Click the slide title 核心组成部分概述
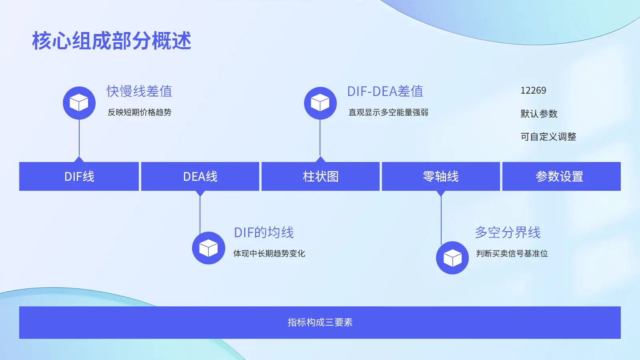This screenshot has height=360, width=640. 112,41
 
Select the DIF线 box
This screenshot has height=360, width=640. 79,176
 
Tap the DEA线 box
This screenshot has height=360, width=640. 200,176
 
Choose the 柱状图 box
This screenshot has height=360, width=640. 320,176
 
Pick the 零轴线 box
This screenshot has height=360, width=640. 441,176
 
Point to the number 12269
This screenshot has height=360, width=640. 533,90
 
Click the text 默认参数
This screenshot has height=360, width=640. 539,114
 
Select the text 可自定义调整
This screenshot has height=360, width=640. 548,137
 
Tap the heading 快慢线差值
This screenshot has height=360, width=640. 139,91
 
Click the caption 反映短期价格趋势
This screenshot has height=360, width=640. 139,112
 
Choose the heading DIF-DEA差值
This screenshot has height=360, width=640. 385,91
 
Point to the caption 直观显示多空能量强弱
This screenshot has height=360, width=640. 388,112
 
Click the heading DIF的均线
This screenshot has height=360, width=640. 264,232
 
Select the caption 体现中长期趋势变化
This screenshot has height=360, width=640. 269,254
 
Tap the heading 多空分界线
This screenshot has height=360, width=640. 508,232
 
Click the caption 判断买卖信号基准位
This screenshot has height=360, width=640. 512,254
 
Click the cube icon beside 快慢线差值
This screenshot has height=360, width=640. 79,103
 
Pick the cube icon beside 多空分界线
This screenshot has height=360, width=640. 452,258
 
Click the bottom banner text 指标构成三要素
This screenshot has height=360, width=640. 320,322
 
